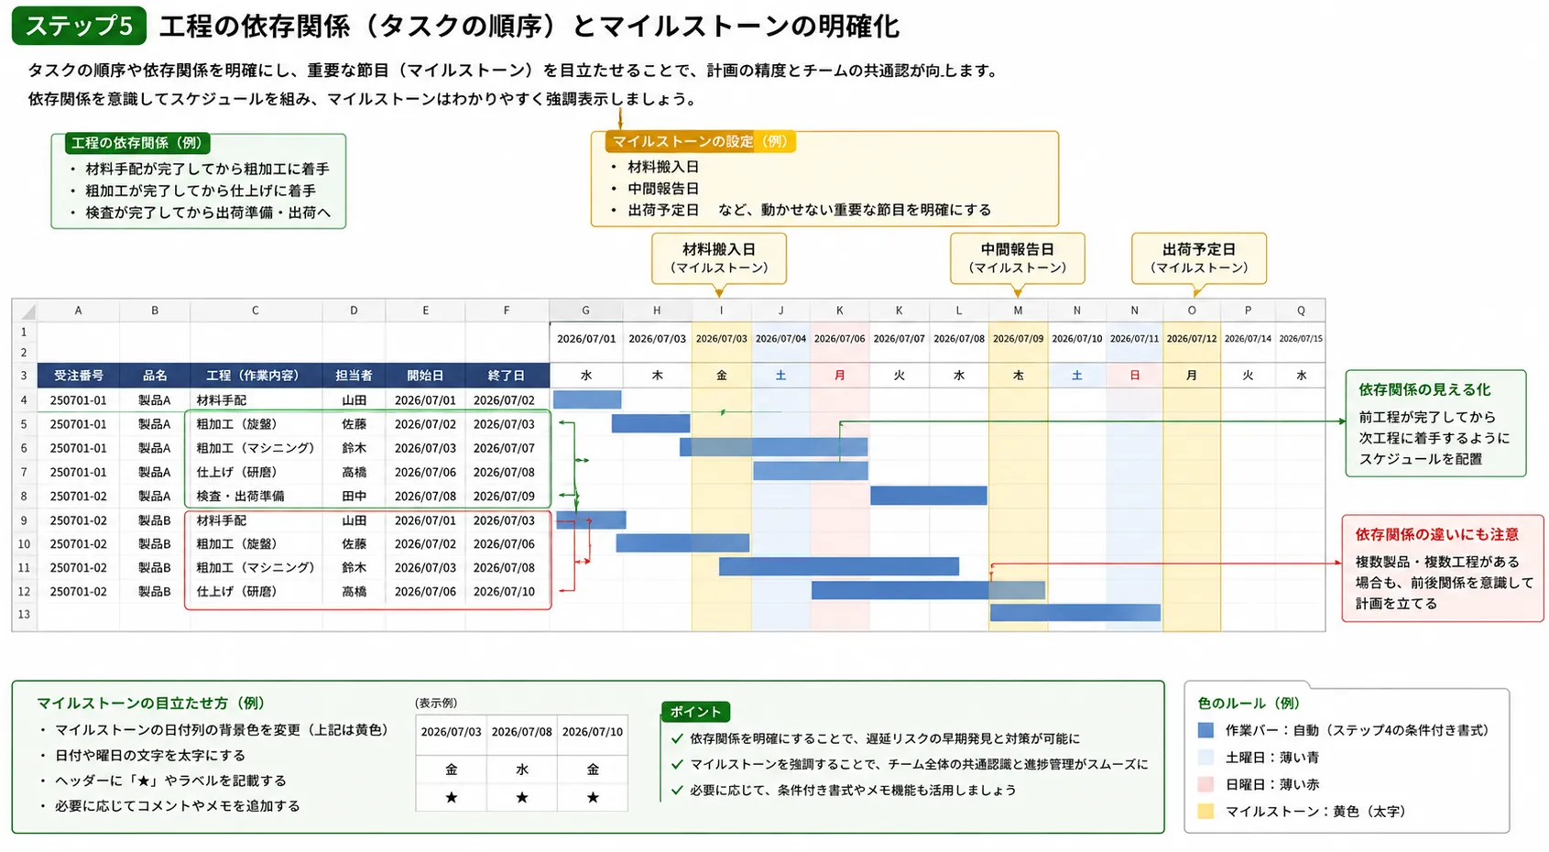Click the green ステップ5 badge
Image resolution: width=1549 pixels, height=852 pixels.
coord(79,26)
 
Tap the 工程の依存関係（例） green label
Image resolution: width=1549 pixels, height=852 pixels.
coord(136,143)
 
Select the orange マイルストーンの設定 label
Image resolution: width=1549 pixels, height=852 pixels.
coord(700,142)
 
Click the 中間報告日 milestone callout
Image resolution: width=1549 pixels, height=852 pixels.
coord(1017,258)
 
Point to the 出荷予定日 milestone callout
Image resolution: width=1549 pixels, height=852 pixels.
coord(1199,258)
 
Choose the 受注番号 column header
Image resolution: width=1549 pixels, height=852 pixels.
coord(79,376)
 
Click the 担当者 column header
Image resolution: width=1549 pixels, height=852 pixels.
coord(355,376)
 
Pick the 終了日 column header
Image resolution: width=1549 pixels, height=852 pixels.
coord(507,376)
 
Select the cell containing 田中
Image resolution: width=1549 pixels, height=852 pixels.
coord(355,496)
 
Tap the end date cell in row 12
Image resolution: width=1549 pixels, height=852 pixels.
coord(504,591)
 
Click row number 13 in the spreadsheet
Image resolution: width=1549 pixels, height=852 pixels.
coord(24,614)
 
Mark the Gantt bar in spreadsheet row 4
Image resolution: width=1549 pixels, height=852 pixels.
coord(587,399)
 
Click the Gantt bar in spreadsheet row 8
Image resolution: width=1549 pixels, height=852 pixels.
coord(929,495)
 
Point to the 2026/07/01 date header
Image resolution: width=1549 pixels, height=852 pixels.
coord(586,339)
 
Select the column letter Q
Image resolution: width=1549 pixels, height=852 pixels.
coord(1301,311)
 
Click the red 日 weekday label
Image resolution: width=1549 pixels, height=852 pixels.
coord(1135,376)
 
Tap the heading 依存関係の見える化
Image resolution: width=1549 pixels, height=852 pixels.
coord(1424,390)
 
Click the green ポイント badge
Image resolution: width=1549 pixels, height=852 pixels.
coord(695,712)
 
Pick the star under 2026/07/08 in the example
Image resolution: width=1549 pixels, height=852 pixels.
coord(522,797)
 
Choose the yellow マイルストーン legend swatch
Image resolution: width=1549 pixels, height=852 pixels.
coord(1205,811)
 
